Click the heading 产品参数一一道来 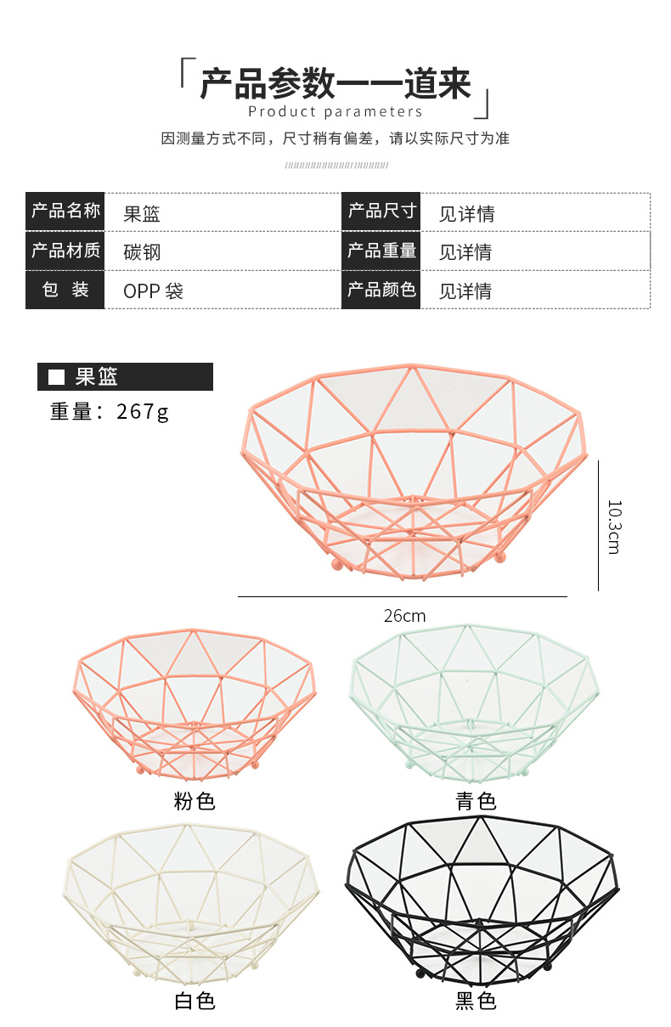point(335,85)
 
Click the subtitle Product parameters point(335,111)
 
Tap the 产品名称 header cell point(65,211)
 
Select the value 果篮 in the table point(142,214)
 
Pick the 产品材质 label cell point(65,251)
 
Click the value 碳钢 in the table point(142,252)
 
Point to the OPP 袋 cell point(153,291)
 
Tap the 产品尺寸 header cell point(381,211)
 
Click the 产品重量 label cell point(381,251)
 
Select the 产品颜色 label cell point(381,290)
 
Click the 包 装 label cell point(65,290)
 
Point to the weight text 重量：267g point(110,411)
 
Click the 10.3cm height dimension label point(613,526)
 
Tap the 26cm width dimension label point(404,616)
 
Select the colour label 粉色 point(195,800)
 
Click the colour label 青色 point(475,800)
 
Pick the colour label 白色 point(195,1002)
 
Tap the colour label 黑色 point(475,1002)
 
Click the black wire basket point(479,900)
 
